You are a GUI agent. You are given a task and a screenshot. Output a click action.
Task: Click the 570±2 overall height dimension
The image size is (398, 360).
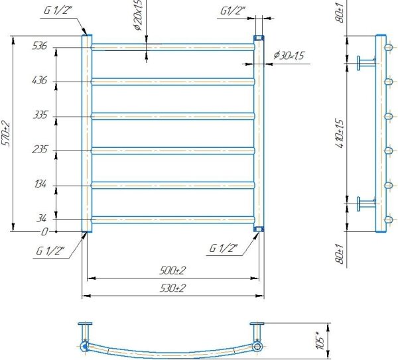[x=6, y=134]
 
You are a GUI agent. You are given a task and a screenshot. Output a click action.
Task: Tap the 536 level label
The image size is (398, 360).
[x=40, y=46]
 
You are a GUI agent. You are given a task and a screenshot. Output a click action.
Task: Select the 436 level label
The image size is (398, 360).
[x=40, y=80]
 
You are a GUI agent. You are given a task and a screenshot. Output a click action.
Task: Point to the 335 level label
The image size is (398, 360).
[x=40, y=115]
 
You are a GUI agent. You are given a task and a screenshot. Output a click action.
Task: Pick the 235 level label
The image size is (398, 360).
[x=40, y=149]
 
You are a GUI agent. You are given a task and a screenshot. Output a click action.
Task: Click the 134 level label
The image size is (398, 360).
[x=40, y=184]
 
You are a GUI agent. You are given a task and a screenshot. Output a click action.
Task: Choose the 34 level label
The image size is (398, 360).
[x=41, y=218]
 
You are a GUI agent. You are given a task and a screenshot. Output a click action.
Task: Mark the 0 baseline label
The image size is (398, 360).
[x=44, y=232]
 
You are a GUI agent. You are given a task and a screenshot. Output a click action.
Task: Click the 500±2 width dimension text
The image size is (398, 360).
[x=172, y=270]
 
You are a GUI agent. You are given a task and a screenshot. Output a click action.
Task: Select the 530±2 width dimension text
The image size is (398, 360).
[x=172, y=288]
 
